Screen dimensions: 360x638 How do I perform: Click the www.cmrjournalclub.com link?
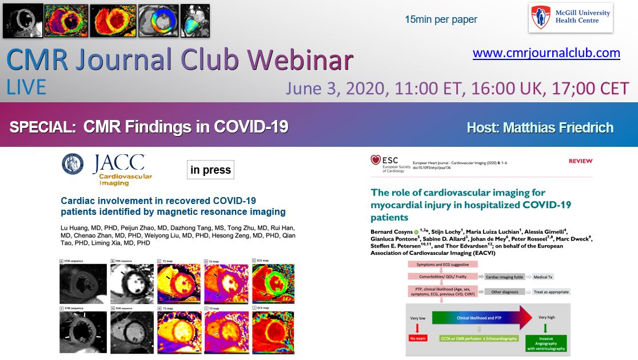(x=546, y=53)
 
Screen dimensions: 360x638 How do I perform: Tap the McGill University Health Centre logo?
(x=570, y=18)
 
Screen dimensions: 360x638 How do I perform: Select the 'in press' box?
(x=210, y=170)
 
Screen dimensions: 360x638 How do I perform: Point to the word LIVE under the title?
(x=26, y=87)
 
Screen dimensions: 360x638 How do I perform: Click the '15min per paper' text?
(x=440, y=19)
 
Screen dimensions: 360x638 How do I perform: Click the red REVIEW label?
(x=580, y=162)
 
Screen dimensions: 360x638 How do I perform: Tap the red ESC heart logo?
(x=376, y=160)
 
